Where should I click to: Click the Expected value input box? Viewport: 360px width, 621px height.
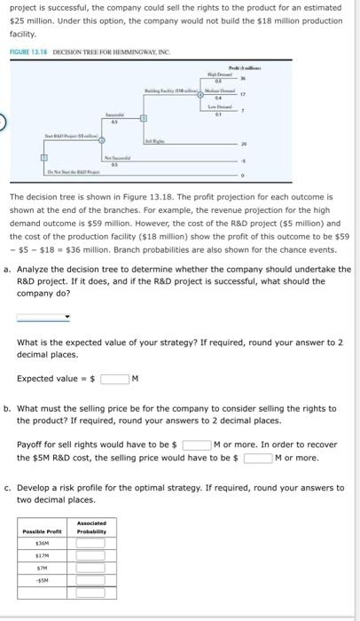click(114, 379)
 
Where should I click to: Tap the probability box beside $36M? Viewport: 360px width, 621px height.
click(90, 542)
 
